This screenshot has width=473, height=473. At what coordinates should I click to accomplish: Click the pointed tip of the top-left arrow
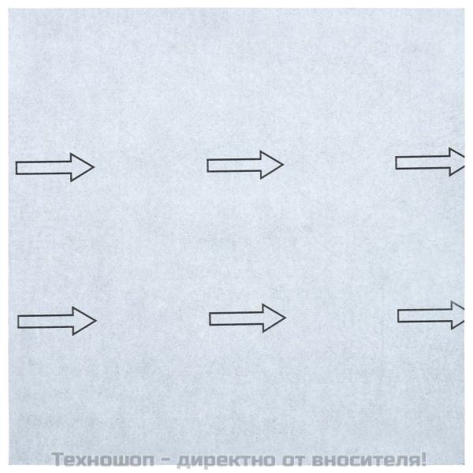click(x=94, y=167)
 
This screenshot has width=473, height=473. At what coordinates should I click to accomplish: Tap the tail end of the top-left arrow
click(x=17, y=168)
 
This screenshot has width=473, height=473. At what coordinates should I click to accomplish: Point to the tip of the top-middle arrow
click(x=283, y=165)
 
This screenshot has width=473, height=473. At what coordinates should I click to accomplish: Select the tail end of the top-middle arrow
click(x=207, y=166)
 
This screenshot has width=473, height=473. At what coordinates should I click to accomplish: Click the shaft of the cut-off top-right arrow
click(x=423, y=162)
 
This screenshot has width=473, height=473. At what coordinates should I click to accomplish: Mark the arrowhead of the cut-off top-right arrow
click(x=457, y=162)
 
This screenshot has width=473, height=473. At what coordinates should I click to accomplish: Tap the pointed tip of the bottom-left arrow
click(x=96, y=320)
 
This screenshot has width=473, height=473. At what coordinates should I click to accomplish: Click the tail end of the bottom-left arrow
click(x=18, y=322)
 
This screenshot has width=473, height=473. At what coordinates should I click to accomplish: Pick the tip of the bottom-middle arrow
click(x=285, y=318)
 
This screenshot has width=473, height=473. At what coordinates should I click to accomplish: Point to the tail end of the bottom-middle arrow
click(x=210, y=319)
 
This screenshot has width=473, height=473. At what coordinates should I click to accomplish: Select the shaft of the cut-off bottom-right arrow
click(x=425, y=315)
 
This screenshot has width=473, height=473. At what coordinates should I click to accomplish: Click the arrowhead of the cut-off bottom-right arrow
click(x=458, y=315)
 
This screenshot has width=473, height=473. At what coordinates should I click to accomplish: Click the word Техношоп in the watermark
click(x=102, y=460)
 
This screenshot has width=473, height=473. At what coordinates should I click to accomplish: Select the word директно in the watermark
click(x=226, y=460)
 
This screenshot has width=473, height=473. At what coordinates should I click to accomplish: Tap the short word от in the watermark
click(x=293, y=460)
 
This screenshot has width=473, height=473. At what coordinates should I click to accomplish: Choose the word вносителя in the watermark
click(x=364, y=460)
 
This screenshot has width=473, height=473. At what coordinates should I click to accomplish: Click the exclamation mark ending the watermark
click(x=422, y=459)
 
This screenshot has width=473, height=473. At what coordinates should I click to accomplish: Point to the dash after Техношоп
click(x=166, y=461)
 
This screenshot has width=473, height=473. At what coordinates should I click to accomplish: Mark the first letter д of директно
click(x=183, y=461)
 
